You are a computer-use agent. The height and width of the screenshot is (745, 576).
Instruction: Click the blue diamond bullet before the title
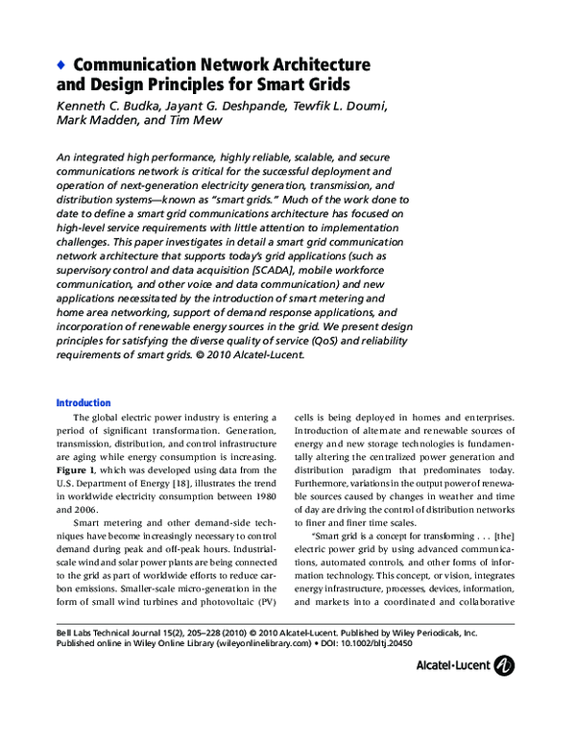[x=60, y=64]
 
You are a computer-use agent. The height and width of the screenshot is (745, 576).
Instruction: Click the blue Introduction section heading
[x=84, y=403]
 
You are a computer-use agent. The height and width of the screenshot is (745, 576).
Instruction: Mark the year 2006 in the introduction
[x=85, y=515]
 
